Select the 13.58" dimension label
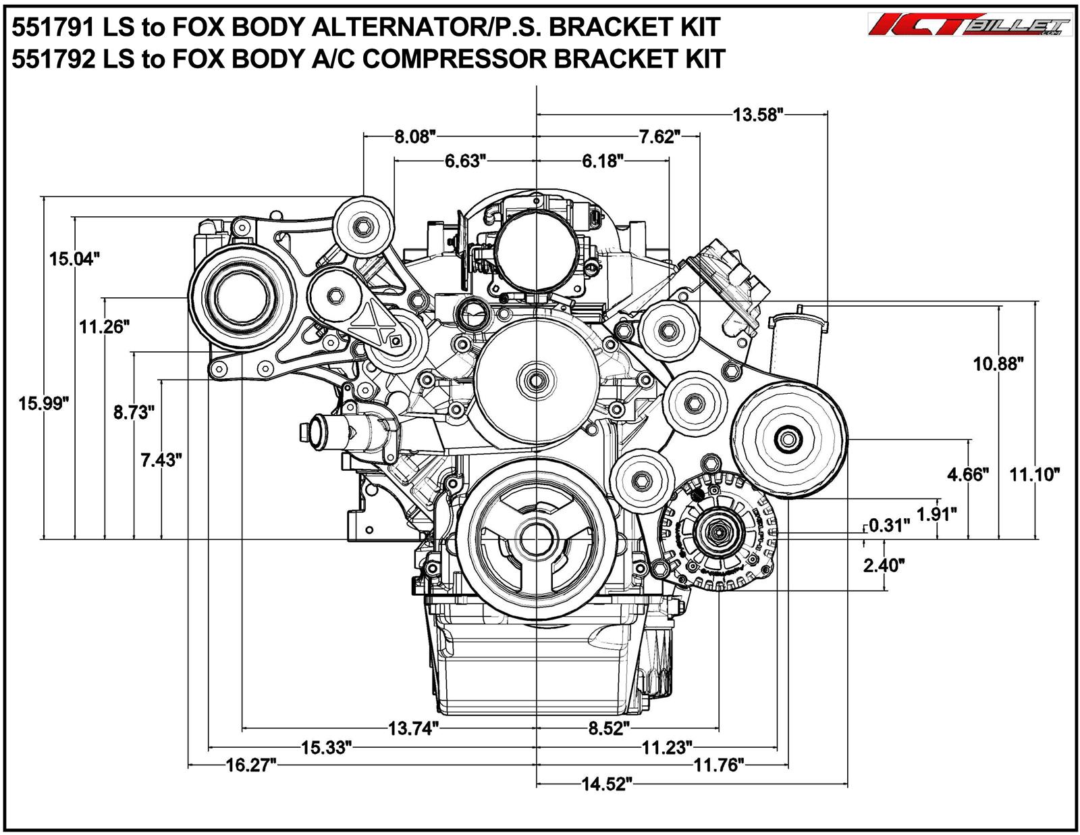(x=757, y=114)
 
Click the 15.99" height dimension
(x=44, y=404)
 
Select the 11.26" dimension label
(x=103, y=327)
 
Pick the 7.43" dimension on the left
(x=161, y=460)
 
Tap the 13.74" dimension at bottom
(x=413, y=729)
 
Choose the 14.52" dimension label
(x=606, y=784)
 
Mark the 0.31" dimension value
(x=889, y=525)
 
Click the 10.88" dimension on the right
(x=998, y=364)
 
